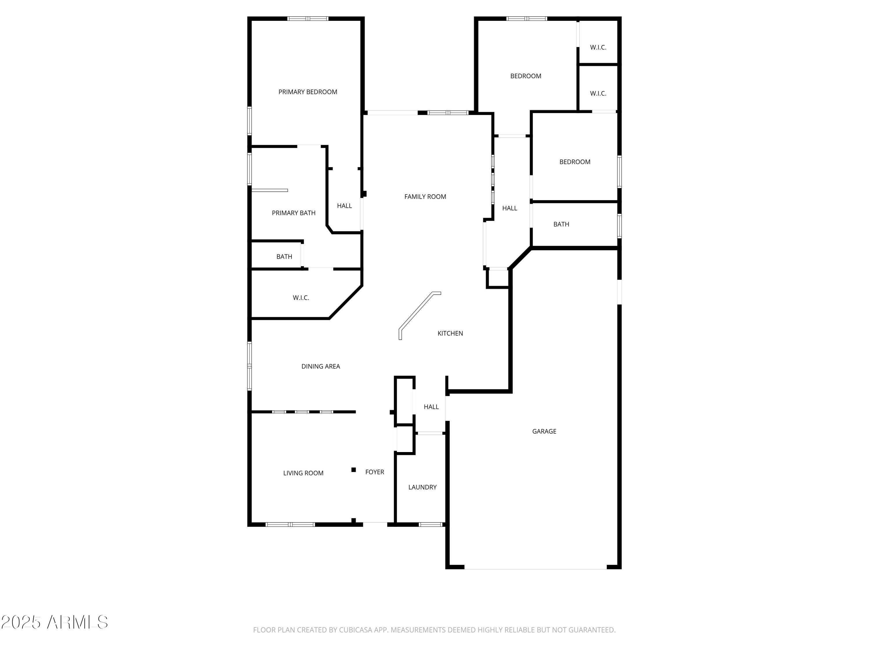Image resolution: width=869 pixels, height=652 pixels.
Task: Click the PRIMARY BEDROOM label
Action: [x=308, y=92]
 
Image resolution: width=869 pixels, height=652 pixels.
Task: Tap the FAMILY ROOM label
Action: [x=425, y=196]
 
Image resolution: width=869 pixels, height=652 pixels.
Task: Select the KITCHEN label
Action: [x=450, y=333]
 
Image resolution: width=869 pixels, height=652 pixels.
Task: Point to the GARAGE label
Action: [x=544, y=431]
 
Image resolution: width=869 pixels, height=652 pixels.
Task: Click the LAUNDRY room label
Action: [x=422, y=487]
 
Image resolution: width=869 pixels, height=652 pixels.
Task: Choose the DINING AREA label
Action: [x=321, y=366]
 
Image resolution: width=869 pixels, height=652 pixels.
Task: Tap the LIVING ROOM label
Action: [x=303, y=473]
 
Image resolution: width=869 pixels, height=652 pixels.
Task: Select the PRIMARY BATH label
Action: [x=293, y=213]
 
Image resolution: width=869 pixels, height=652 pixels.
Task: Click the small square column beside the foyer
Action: [x=354, y=470]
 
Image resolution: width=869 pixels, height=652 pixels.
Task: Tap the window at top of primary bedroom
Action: [x=308, y=19]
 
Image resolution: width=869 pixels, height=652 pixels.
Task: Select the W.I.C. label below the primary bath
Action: [x=301, y=298]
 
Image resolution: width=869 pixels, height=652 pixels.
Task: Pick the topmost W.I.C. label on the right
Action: [x=598, y=48]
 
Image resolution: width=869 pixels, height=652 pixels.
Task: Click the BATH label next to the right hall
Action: [x=561, y=224]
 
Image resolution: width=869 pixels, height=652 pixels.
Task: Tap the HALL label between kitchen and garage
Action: [x=431, y=407]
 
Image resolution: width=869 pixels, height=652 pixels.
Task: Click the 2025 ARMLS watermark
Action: [x=55, y=622]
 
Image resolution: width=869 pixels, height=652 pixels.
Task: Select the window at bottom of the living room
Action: [x=290, y=524]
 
